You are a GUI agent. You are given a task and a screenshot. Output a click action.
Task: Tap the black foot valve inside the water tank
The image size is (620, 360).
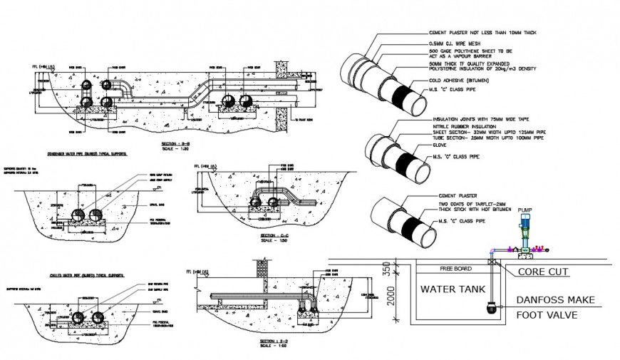490,307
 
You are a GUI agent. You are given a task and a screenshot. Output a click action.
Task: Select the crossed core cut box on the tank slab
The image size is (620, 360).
492,262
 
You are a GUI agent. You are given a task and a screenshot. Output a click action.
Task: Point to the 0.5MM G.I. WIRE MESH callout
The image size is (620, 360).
452,43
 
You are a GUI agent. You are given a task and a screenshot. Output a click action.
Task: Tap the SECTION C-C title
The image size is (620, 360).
274,235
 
